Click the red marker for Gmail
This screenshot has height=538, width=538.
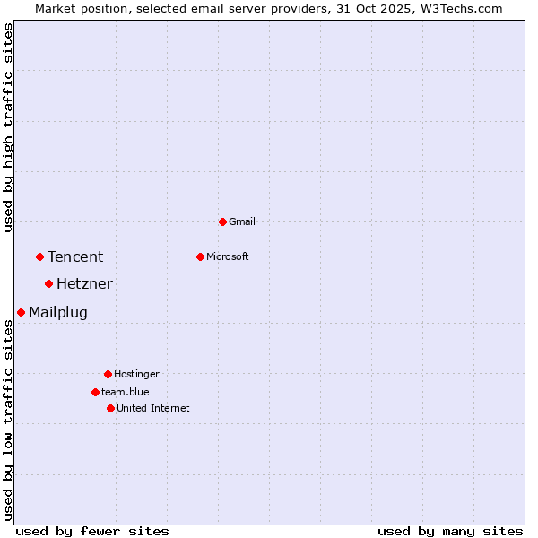point(222,221)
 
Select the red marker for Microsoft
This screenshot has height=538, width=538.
point(200,256)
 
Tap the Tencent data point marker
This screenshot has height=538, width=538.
point(39,256)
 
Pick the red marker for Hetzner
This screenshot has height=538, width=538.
point(48,284)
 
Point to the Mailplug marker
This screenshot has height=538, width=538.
point(21,312)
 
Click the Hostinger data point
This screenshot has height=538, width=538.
point(108,374)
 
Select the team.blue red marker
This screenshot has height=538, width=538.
point(95,392)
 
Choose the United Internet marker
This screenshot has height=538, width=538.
point(110,408)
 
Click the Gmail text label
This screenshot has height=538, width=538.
point(242,221)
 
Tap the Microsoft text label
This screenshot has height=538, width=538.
point(228,256)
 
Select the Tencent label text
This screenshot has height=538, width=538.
point(75,256)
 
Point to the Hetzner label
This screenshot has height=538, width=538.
point(84,284)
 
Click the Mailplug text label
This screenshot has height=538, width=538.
point(58,312)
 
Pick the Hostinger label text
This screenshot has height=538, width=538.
point(136,374)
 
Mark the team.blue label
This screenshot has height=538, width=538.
point(126,392)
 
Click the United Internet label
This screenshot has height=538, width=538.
point(153,408)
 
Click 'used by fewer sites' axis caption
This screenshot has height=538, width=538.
point(92,531)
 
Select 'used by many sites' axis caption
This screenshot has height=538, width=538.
point(450,531)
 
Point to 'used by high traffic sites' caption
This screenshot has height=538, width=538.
point(8,127)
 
